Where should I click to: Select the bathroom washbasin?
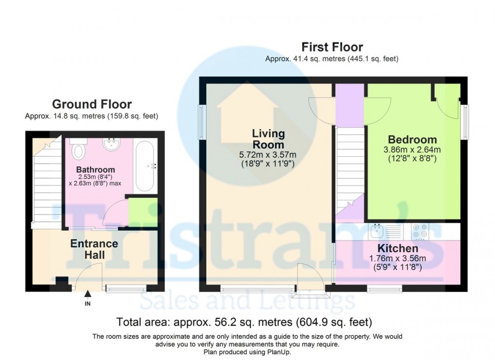click(114, 144)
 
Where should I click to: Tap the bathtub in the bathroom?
click(145, 165)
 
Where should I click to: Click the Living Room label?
click(268, 139)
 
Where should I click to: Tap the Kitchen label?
click(398, 249)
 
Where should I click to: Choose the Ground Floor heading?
click(92, 104)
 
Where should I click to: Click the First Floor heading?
click(332, 47)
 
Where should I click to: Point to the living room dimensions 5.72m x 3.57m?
click(268, 155)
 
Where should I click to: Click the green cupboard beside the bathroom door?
click(143, 212)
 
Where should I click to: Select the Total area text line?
click(244, 322)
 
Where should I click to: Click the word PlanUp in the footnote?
click(279, 352)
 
